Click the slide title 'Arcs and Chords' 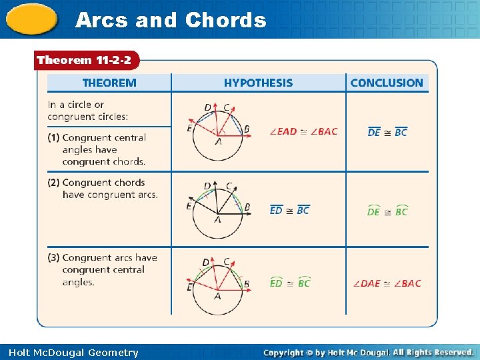tap(171, 20)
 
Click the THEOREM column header tap(109, 83)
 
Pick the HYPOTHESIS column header tap(258, 83)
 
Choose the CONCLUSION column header tap(387, 83)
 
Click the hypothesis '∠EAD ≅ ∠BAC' tap(303, 131)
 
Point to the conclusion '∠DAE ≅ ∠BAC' tap(387, 283)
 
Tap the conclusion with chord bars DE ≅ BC tap(387, 132)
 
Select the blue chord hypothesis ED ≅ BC tap(289, 210)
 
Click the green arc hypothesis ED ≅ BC tap(290, 283)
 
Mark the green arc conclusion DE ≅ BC tap(387, 211)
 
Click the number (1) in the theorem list tap(53, 137)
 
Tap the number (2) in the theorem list tap(53, 183)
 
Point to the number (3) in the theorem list tap(53, 258)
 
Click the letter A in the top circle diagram tap(218, 141)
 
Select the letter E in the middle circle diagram tap(189, 206)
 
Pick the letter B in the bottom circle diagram tap(246, 284)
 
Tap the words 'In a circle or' tap(75, 105)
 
